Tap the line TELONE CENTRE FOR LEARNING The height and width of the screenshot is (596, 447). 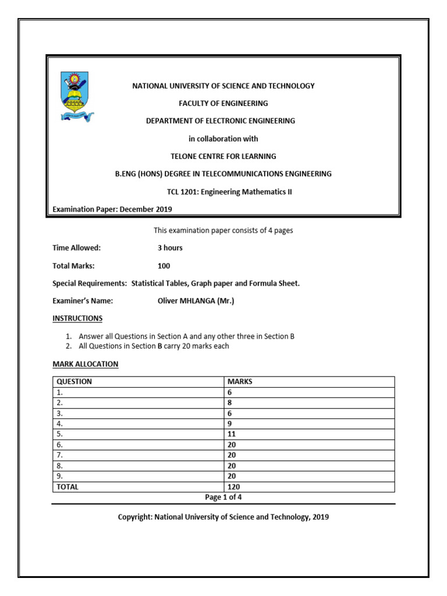tap(223, 156)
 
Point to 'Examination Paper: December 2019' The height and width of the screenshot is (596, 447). tap(112, 209)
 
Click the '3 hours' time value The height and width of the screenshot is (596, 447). tap(170, 247)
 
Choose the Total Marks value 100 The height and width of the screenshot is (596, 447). tap(164, 265)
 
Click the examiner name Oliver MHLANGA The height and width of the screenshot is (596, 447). tap(194, 301)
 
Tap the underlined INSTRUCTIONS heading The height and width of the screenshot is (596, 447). tap(77, 318)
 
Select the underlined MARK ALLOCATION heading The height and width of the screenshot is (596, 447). tap(86, 364)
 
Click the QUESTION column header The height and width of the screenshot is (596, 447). tap(74, 382)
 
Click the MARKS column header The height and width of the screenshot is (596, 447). tap(240, 382)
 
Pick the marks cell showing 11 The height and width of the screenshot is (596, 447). tap(232, 434)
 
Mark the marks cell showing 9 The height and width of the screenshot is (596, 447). tap(230, 424)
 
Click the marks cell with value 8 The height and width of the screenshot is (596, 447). tap(230, 403)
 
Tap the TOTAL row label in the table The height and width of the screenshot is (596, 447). tap(67, 487)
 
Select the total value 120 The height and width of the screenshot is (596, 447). tap(233, 487)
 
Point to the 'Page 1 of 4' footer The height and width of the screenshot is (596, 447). tap(223, 497)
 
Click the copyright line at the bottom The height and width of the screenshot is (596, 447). tap(223, 516)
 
